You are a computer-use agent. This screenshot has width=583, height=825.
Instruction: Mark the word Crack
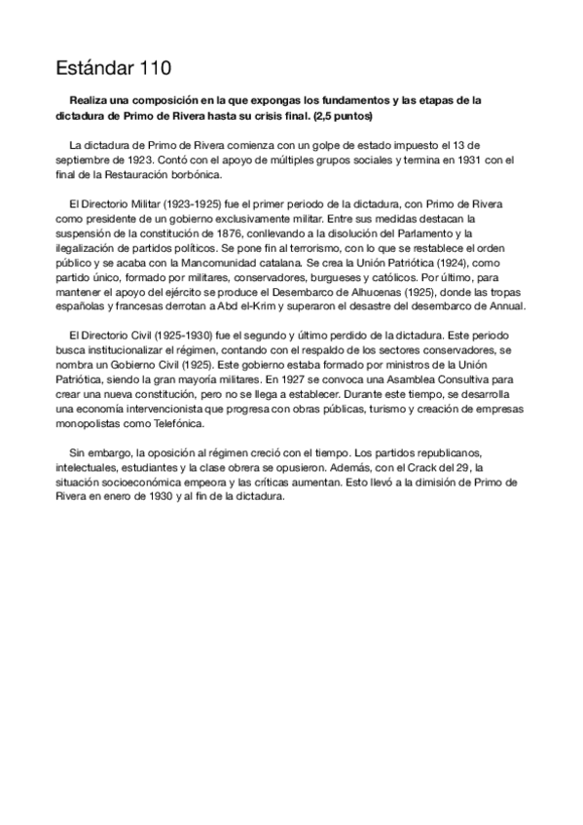(x=387, y=468)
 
